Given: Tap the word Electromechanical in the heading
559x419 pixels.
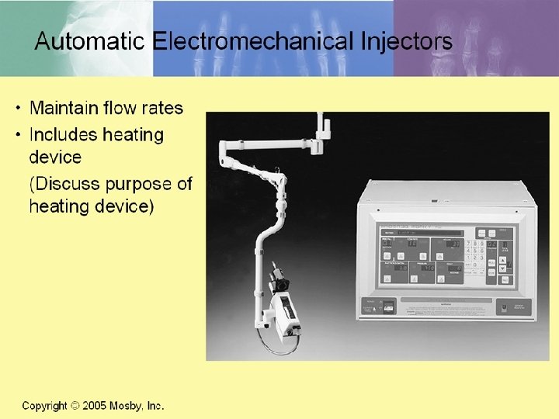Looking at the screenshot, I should tap(248, 41).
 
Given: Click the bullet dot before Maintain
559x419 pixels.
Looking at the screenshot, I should tap(19, 108).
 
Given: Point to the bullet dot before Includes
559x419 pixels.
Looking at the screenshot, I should tap(19, 135).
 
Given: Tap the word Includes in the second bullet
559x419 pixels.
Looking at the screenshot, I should tap(63, 135).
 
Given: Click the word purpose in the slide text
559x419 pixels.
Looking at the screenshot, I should tap(144, 185).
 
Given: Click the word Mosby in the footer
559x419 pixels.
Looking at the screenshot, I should tap(130, 406).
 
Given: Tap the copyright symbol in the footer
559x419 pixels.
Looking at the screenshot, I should tap(75, 406).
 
